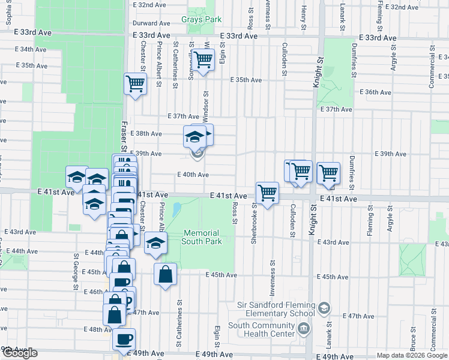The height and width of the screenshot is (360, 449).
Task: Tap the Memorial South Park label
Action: tap(203, 237)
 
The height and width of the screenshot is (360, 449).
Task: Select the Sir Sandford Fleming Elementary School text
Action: tap(276, 309)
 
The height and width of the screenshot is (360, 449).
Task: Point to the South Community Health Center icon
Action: tap(303, 329)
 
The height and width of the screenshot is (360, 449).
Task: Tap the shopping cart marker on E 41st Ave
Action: tap(267, 193)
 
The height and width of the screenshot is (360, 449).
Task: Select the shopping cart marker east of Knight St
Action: tap(328, 173)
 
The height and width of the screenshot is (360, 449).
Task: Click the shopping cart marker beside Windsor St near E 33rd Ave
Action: tap(203, 60)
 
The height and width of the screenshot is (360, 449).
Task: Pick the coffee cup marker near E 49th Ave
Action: tap(124, 339)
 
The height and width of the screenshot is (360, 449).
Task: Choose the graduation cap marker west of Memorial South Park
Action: tap(155, 242)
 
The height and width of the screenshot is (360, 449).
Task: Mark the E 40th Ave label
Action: tap(193, 175)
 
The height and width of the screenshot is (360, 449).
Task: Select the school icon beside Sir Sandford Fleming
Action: tap(324, 308)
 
